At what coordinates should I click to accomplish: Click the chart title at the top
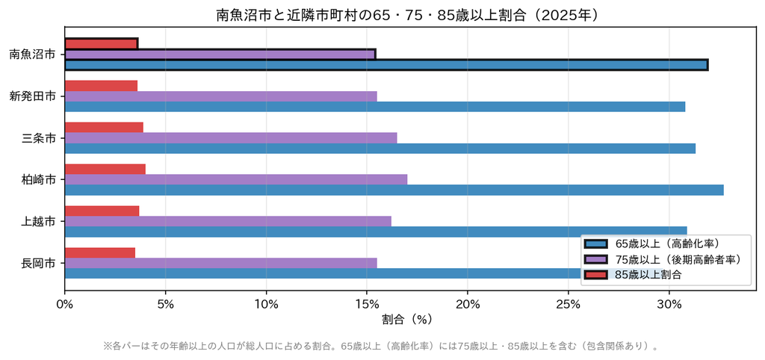[x=408, y=15]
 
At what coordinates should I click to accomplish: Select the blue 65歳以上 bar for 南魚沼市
[x=386, y=65]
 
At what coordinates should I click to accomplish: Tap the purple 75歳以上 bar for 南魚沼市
[x=220, y=54]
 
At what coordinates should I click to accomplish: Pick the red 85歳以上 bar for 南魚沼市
[x=101, y=44]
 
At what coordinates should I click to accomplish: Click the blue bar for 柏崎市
[x=394, y=190]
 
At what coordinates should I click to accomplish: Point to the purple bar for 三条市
[x=231, y=137]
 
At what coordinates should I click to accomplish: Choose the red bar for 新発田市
[x=101, y=86]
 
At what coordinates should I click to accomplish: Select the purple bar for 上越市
[x=228, y=221]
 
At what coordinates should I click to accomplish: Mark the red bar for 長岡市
[x=99, y=252]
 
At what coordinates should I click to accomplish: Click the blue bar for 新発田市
[x=375, y=106]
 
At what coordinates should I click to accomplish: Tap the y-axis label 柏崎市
[x=38, y=180]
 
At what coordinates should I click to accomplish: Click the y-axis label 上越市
[x=38, y=222]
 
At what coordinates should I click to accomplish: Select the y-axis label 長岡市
[x=38, y=264]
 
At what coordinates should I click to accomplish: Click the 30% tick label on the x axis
[x=669, y=305]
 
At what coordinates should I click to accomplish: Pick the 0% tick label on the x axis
[x=64, y=305]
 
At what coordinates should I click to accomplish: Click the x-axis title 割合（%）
[x=407, y=320]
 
